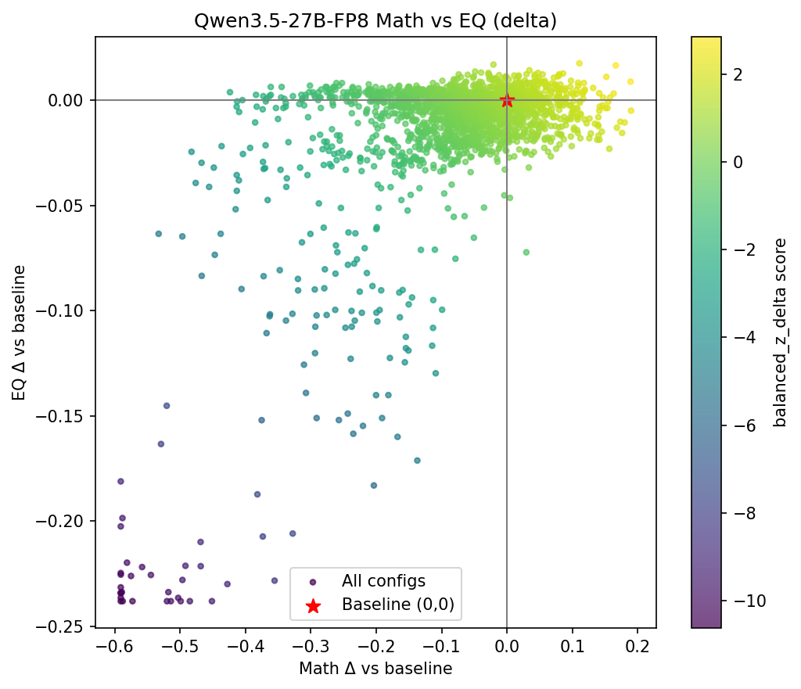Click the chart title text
[375, 21]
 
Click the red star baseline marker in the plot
[507, 100]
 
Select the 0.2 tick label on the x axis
[638, 647]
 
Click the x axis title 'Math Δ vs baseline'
[375, 669]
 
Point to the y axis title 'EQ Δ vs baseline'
[19, 332]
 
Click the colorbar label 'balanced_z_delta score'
[780, 332]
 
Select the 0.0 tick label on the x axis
[507, 647]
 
